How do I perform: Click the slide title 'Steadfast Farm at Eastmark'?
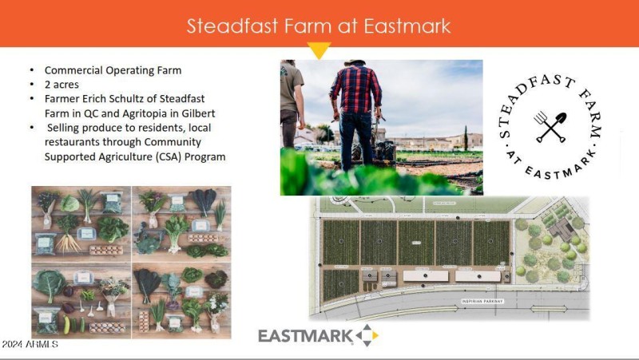[319, 26]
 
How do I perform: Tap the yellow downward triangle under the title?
[319, 52]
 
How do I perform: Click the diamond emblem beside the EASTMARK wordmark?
[367, 335]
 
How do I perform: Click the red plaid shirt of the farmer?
[355, 90]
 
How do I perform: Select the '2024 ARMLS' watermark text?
[30, 344]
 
